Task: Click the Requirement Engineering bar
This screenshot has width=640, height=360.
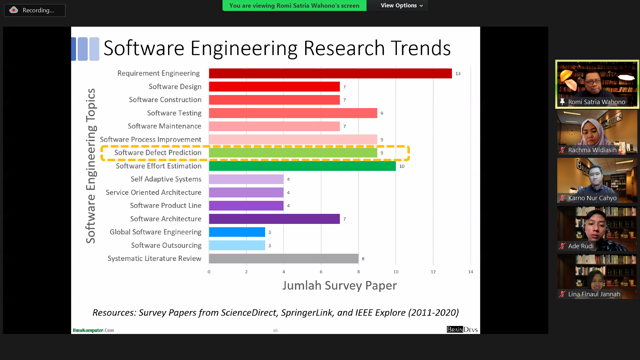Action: [x=330, y=73]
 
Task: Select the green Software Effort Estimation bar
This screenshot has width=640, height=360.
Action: [x=302, y=166]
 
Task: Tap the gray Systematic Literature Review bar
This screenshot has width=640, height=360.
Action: [x=283, y=259]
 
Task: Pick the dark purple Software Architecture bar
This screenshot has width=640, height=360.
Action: [x=274, y=219]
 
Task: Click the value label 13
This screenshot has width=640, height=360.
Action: [x=458, y=74]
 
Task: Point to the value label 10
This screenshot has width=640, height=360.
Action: [x=402, y=166]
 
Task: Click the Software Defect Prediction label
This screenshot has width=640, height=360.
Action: [x=158, y=153]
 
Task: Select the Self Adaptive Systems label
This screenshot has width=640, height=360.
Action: [x=166, y=179]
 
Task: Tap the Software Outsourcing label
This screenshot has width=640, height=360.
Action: [x=166, y=246]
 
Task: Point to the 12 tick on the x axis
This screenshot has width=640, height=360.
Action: [x=433, y=272]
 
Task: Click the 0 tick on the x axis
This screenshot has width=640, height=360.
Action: [x=209, y=272]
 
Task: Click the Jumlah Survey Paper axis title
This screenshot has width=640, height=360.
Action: [x=340, y=286]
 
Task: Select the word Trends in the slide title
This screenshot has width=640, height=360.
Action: [x=421, y=48]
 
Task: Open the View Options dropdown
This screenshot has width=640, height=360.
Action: [x=402, y=6]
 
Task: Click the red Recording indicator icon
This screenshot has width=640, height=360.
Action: [x=14, y=10]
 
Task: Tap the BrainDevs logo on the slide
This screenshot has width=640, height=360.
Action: [x=462, y=330]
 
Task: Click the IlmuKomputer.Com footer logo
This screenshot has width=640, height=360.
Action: [x=93, y=330]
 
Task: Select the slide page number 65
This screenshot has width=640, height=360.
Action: [x=275, y=331]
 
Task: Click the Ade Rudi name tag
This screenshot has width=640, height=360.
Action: [x=581, y=246]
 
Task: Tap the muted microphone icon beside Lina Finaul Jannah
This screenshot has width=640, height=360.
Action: [x=562, y=294]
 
